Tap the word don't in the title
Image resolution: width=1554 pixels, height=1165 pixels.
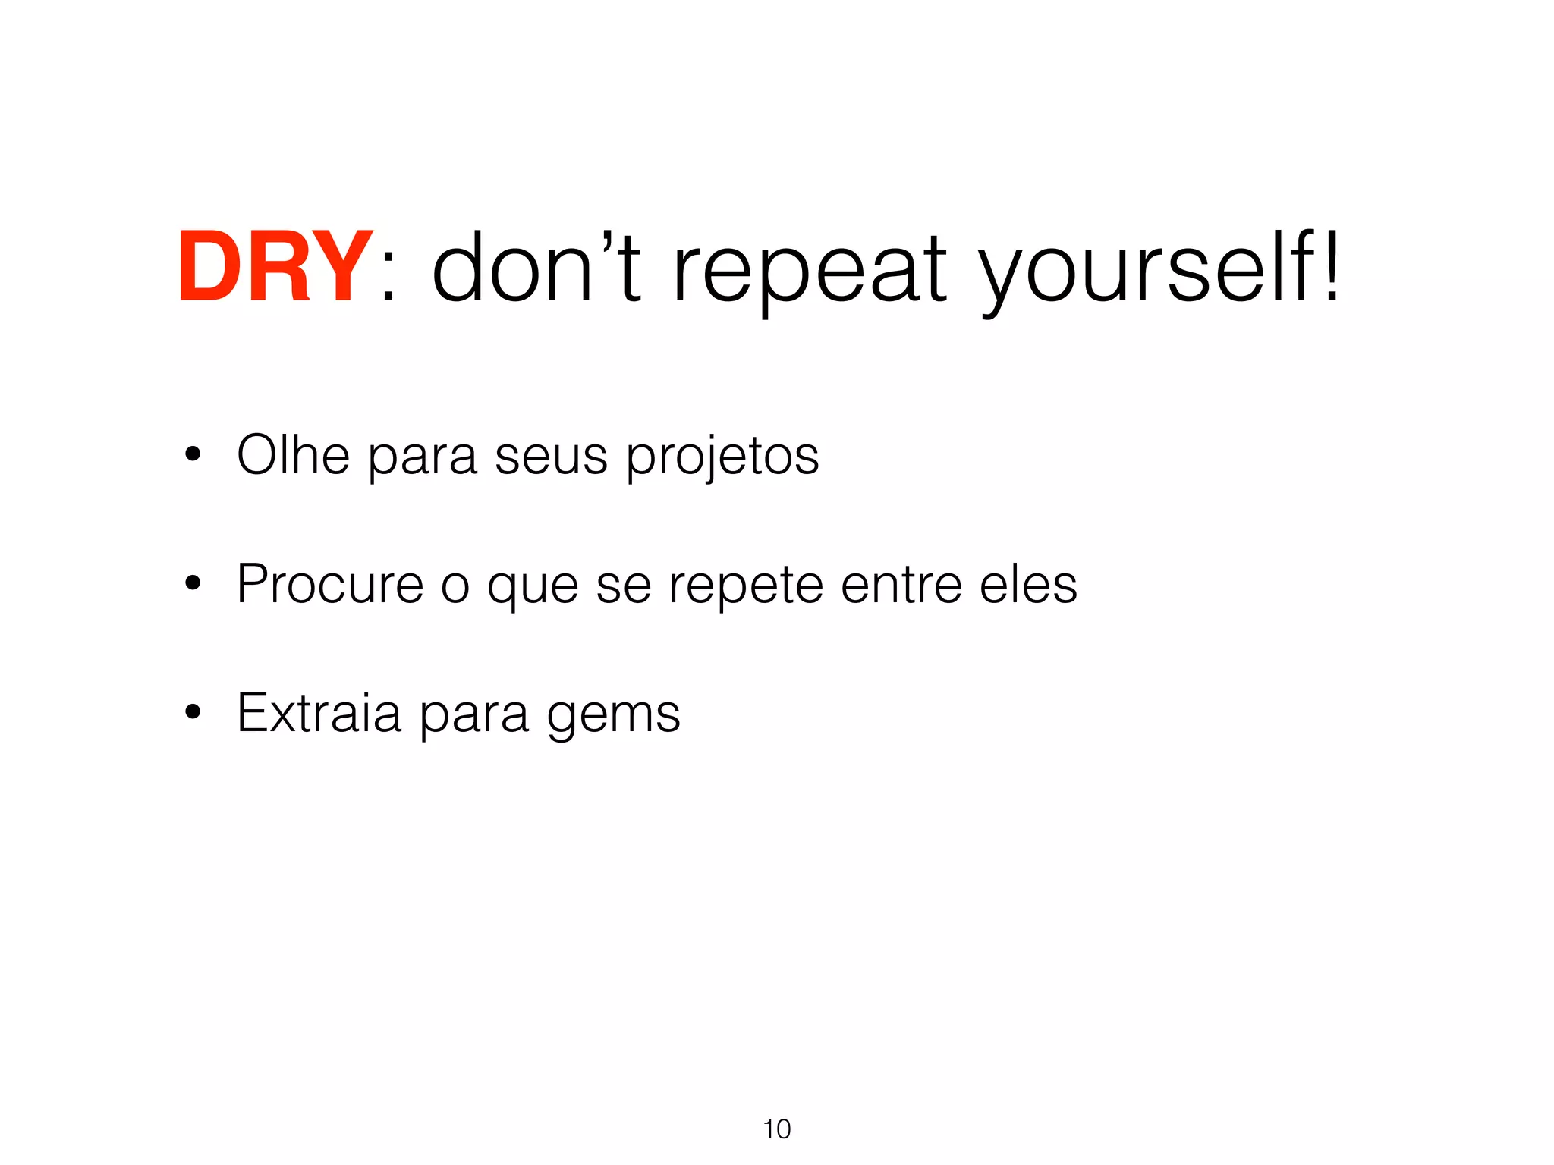coord(536,267)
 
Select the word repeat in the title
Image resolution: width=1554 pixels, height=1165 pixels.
coord(810,272)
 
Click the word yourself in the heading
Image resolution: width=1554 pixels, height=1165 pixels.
coord(1144,272)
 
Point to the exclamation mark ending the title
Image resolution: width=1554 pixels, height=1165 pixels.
coord(1330,265)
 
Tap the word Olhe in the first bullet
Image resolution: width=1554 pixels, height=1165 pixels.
coord(293,455)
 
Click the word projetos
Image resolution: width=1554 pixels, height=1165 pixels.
coord(722,460)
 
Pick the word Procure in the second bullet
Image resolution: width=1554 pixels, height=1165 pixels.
coord(330,584)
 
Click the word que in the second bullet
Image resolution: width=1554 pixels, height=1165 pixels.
coord(533,589)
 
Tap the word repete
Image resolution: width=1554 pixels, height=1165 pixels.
coord(745,587)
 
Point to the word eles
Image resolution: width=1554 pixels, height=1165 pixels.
coord(1028,584)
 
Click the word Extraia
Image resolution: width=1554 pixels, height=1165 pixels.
coord(319,713)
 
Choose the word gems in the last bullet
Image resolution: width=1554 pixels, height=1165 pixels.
coord(613,718)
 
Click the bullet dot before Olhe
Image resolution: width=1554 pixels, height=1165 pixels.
coord(193,455)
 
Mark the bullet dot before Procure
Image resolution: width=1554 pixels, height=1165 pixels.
coord(193,584)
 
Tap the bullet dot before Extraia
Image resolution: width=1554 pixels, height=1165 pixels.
coord(193,713)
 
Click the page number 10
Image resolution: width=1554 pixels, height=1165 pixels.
coord(777,1129)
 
